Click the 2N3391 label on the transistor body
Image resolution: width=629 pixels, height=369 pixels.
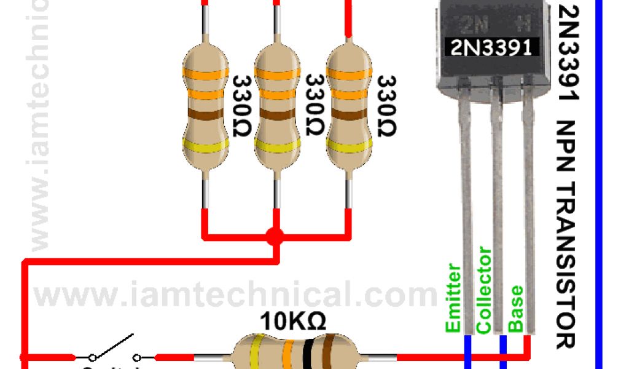tap(491, 47)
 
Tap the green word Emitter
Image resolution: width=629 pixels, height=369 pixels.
tap(453, 298)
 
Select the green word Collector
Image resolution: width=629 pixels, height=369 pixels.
tap(485, 290)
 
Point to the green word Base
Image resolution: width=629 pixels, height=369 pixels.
tap(517, 309)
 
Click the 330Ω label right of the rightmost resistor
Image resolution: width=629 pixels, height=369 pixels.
tap(386, 106)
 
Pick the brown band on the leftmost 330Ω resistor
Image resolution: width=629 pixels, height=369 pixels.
tap(206, 115)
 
